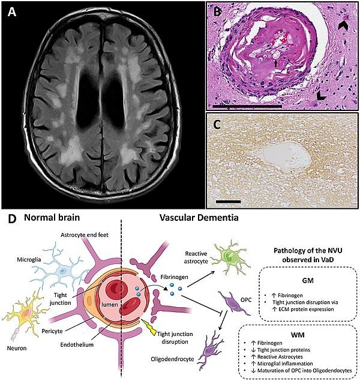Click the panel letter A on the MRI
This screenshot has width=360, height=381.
pos(11,11)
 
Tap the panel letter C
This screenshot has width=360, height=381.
pos(217,124)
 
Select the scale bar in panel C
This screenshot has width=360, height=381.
pos(228,202)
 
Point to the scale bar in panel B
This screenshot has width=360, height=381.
pos(247,106)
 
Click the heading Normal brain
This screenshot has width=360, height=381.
pos(52,217)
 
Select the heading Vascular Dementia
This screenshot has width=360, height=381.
pos(199,217)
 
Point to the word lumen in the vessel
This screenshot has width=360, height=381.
pos(110,304)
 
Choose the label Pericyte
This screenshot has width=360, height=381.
pos(52,331)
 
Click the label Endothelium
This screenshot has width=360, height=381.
pos(77,344)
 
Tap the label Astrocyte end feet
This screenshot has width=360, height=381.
pos(85,235)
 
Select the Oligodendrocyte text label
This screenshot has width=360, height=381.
pos(172,359)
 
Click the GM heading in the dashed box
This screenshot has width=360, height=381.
pos(308,280)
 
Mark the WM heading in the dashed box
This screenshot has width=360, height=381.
pos(298,335)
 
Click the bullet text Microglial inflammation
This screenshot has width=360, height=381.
pos(285,364)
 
